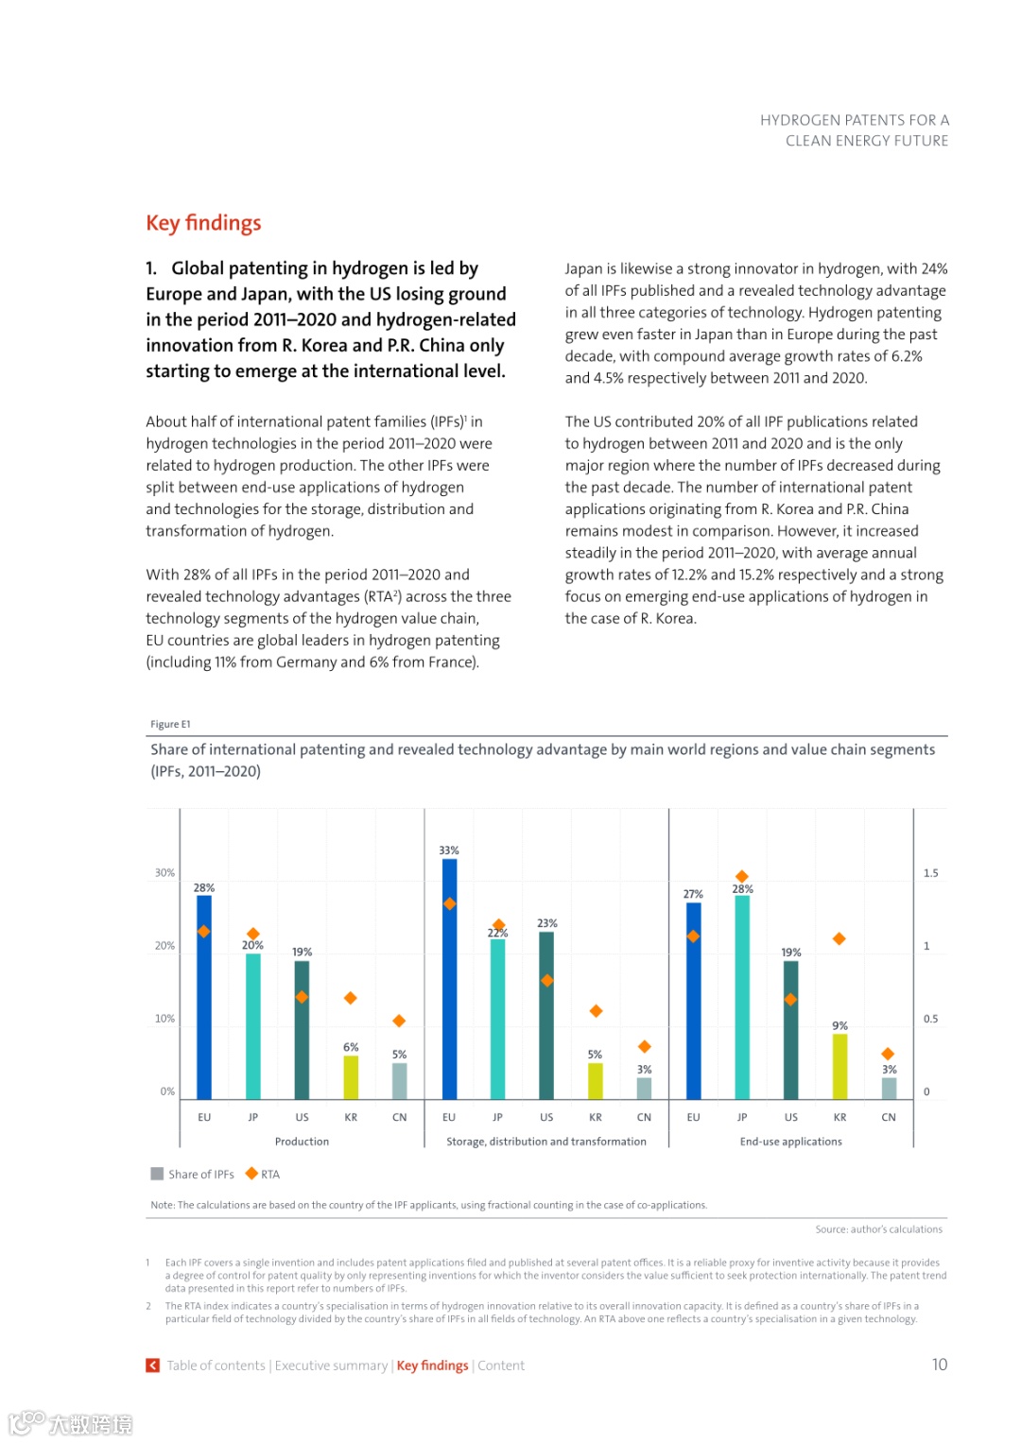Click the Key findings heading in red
click(203, 223)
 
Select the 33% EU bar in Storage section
click(449, 978)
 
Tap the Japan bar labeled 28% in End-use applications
click(742, 997)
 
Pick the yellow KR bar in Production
click(351, 1077)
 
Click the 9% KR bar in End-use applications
click(839, 1066)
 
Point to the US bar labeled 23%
click(546, 1016)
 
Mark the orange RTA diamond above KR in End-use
click(839, 938)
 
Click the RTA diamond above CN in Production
click(399, 1021)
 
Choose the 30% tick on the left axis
click(164, 873)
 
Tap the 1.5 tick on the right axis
click(931, 873)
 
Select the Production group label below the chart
click(302, 1142)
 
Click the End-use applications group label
click(790, 1142)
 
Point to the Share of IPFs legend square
click(157, 1174)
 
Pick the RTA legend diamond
click(251, 1174)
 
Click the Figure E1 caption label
click(170, 725)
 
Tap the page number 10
click(939, 1365)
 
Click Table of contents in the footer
click(216, 1366)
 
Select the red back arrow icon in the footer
click(152, 1366)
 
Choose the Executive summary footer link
click(331, 1366)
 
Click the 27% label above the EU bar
click(693, 894)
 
